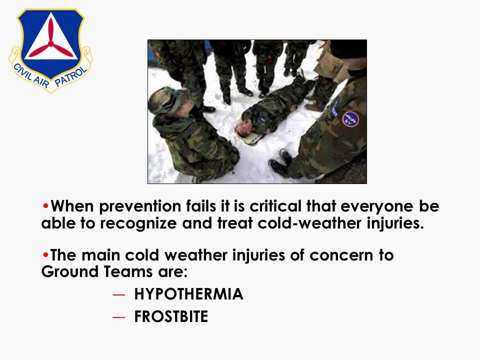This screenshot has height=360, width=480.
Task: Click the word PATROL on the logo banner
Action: click(71, 77)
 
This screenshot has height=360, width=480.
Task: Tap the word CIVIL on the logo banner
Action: click(22, 72)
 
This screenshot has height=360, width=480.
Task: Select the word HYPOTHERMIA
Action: click(188, 294)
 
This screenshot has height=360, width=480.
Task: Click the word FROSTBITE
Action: click(171, 316)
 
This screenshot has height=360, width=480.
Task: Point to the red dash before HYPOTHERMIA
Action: click(119, 295)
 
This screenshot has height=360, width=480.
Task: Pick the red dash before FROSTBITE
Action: click(119, 317)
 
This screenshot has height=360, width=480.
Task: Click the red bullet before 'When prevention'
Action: click(45, 206)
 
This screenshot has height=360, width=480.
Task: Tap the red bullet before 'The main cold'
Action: click(45, 254)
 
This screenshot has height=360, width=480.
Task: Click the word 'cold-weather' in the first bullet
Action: click(309, 223)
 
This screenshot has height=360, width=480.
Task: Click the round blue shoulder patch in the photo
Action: click(350, 119)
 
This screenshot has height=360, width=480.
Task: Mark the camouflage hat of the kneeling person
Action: click(166, 100)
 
